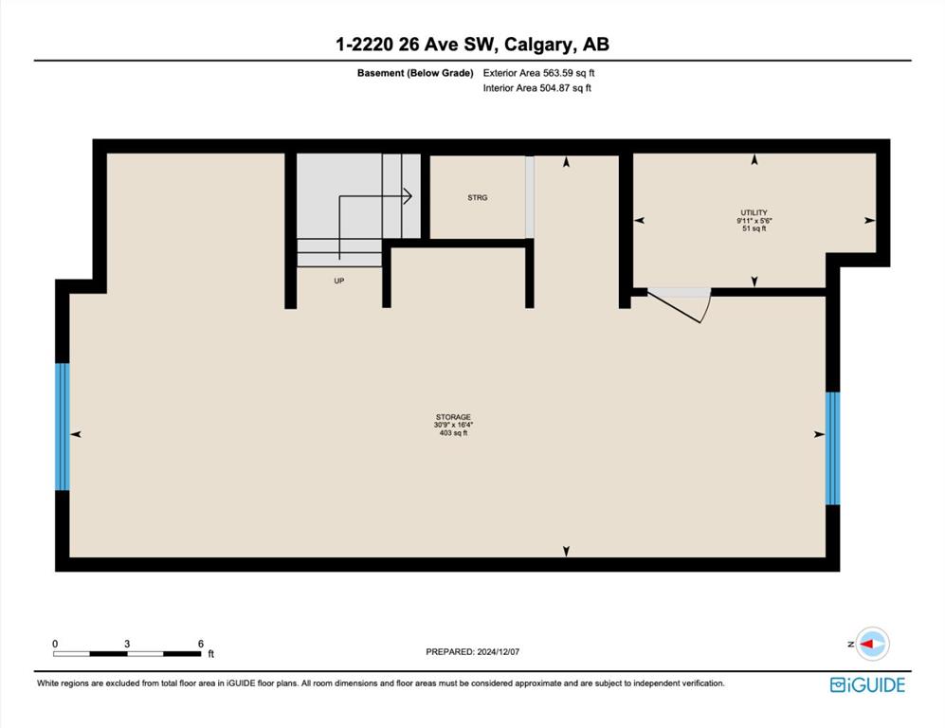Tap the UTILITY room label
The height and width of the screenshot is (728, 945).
[x=754, y=212]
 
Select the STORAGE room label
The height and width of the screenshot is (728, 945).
[x=453, y=417]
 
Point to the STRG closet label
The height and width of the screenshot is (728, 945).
[x=478, y=198]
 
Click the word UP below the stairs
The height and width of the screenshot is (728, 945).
[x=339, y=281]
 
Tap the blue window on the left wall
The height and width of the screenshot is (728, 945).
[x=63, y=427]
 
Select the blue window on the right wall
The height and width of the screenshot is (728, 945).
[x=832, y=448]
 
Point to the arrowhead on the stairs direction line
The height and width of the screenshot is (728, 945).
[x=408, y=196]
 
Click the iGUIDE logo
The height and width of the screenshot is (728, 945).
[x=867, y=685]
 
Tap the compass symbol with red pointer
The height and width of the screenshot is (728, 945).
[x=872, y=644]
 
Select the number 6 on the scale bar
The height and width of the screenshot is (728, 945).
[x=201, y=644]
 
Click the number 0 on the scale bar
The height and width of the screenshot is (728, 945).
[x=55, y=644]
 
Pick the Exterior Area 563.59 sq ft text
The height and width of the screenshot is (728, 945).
[x=538, y=73]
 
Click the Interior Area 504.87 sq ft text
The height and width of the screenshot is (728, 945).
[x=537, y=88]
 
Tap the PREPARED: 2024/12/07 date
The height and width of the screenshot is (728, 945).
[x=472, y=652]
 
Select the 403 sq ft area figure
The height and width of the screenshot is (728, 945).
[x=453, y=432]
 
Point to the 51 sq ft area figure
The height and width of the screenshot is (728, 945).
[x=754, y=228]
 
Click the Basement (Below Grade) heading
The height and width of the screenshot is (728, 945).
[x=415, y=73]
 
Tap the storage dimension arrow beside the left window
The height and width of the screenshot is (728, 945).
[x=76, y=434]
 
